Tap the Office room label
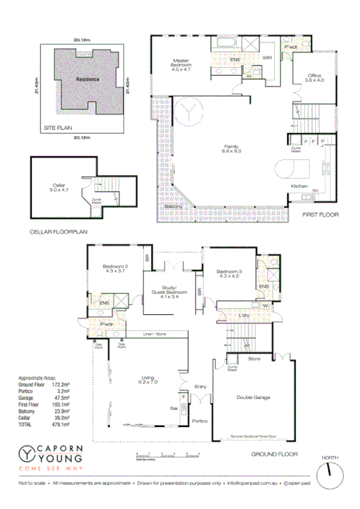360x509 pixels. pos(314,77)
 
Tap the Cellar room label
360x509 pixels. pos(60,185)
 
